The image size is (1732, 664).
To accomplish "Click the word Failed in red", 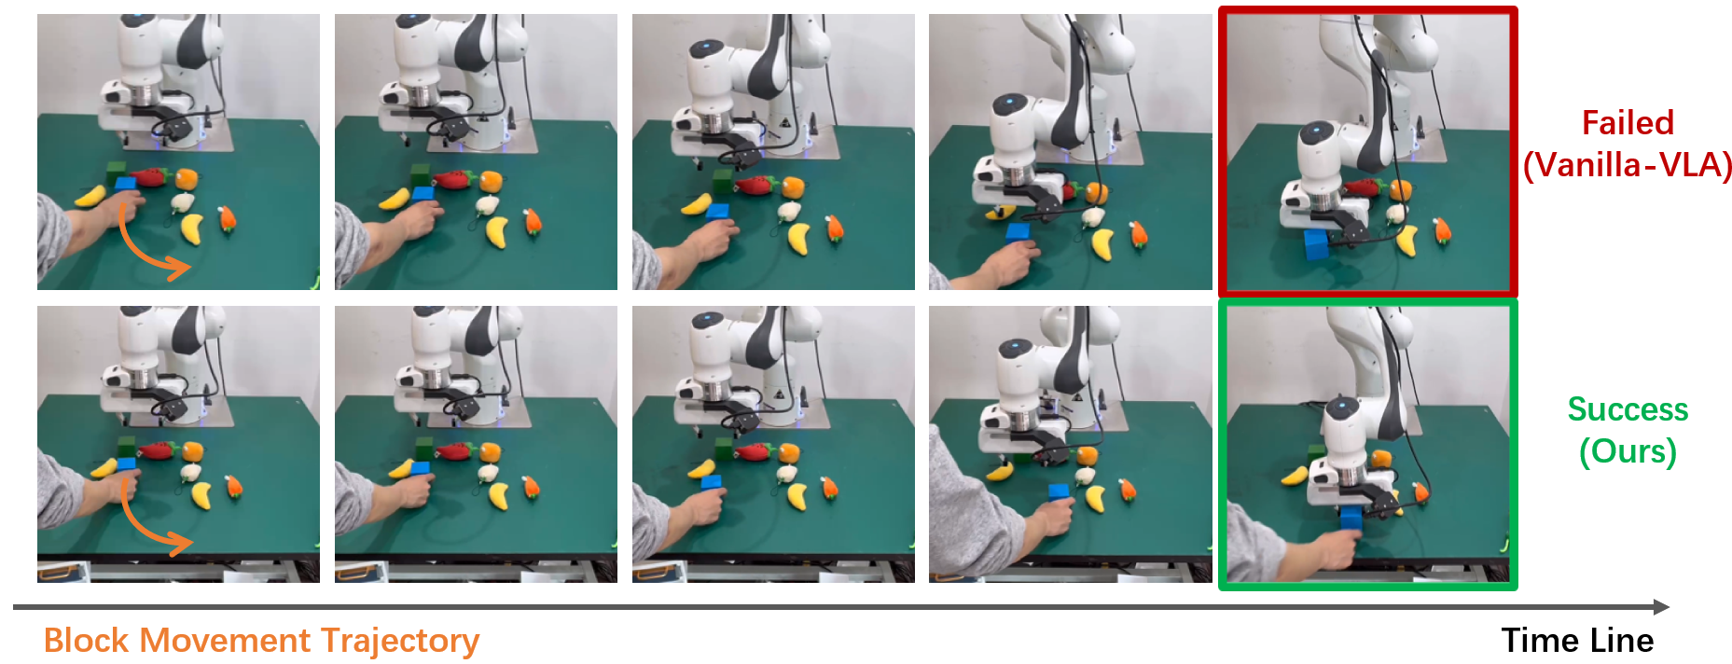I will click(1627, 123).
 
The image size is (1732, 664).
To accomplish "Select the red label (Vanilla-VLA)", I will click(1627, 165).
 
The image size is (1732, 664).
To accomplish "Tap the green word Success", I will click(1627, 409).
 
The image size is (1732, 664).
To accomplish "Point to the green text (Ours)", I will click(1627, 451).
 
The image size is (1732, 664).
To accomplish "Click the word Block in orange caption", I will click(86, 641).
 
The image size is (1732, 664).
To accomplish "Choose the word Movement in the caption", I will click(225, 641).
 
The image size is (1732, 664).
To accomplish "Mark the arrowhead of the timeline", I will click(1661, 607).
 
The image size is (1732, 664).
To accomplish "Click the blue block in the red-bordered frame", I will click(1317, 244).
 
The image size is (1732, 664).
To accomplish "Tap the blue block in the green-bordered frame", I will click(1351, 519).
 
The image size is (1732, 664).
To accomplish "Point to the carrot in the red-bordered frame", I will click(1442, 229).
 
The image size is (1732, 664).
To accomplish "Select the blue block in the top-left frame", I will click(125, 184).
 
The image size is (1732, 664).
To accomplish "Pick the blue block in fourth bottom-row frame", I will click(1059, 491).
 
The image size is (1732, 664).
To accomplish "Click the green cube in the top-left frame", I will click(117, 170).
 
